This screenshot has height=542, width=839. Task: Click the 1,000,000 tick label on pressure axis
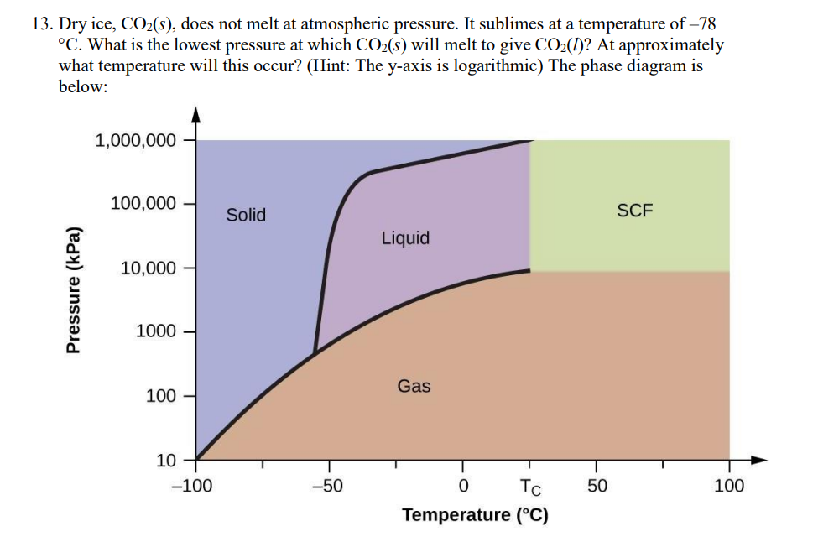(x=136, y=141)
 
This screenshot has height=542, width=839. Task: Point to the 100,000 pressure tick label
(x=143, y=204)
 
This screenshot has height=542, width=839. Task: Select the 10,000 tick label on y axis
(x=148, y=268)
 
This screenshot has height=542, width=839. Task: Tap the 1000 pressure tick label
(x=156, y=331)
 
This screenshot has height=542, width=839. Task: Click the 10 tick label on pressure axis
(x=166, y=460)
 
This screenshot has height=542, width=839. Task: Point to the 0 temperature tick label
(x=462, y=485)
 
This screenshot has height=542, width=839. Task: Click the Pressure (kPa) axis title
(x=75, y=289)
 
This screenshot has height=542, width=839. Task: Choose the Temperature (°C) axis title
(x=475, y=514)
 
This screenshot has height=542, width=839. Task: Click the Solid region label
(x=246, y=215)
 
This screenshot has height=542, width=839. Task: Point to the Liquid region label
(x=405, y=238)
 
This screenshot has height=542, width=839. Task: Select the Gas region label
(x=414, y=386)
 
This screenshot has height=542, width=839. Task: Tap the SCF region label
(x=634, y=211)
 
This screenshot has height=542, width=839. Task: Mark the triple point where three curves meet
(x=315, y=352)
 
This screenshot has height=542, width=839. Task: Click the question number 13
(x=43, y=23)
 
